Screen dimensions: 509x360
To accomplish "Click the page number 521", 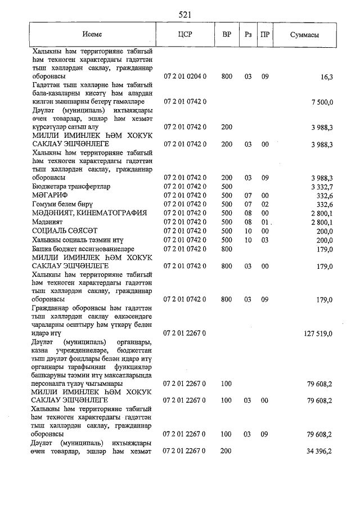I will click(x=185, y=14).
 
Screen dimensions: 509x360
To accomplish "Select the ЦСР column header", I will click(x=184, y=35).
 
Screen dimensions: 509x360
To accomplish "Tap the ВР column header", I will click(x=227, y=35).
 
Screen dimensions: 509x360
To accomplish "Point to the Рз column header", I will click(x=248, y=35).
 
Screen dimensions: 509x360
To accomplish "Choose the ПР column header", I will click(x=265, y=35).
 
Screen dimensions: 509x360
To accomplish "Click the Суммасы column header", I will click(x=304, y=35).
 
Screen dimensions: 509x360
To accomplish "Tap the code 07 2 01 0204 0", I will click(x=185, y=76).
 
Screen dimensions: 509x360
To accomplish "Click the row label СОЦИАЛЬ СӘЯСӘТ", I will click(x=65, y=231).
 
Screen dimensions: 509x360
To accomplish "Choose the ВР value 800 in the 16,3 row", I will click(x=227, y=76).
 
